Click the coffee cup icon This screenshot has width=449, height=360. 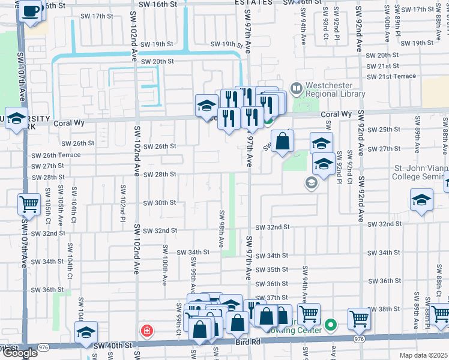[31, 10]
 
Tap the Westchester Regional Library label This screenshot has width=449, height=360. [335, 89]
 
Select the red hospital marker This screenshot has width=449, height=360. [146, 331]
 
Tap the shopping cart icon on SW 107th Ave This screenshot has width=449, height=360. [29, 205]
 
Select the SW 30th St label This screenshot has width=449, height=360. [155, 203]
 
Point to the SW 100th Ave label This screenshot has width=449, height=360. [164, 264]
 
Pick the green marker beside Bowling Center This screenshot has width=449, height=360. [330, 326]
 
